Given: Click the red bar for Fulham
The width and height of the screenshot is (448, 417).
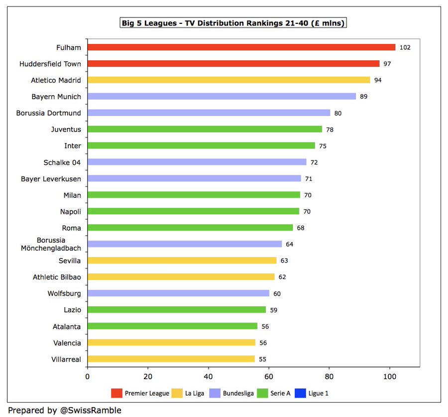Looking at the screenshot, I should (241, 47).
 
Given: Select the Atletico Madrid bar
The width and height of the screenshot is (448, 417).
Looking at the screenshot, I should (229, 80).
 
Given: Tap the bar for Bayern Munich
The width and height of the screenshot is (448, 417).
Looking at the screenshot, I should (222, 97).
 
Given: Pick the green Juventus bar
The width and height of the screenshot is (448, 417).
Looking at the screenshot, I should (205, 130).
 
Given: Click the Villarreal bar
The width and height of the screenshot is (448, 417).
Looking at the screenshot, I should (171, 359).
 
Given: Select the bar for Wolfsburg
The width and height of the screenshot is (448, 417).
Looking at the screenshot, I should (178, 293).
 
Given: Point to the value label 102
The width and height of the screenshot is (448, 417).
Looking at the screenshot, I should (405, 47).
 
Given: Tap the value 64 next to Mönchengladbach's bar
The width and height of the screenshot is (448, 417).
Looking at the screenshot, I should (290, 244).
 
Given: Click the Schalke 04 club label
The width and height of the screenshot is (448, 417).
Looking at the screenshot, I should (62, 162).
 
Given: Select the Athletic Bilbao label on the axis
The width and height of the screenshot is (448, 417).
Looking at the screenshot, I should (57, 277).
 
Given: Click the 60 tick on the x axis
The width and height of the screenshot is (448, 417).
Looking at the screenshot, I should (269, 377).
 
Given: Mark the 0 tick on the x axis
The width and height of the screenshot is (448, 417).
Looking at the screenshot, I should (88, 377).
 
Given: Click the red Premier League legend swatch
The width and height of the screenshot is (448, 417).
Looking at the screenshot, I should (116, 394).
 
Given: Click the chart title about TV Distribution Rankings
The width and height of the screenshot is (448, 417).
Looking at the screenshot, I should (233, 23).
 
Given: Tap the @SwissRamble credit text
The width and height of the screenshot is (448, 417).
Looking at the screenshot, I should (90, 411).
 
